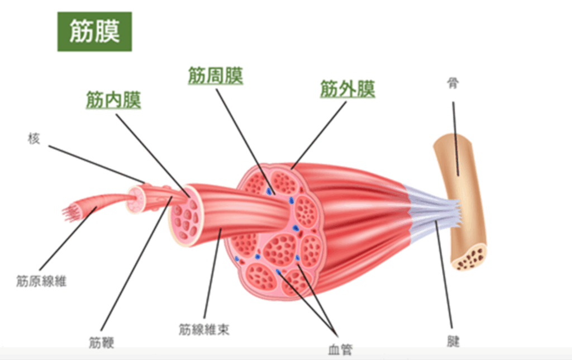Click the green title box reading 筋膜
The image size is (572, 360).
click(x=94, y=31)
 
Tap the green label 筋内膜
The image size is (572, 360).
click(x=113, y=100)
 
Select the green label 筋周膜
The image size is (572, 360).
click(x=216, y=75)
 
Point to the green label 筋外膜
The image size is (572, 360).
click(x=347, y=89)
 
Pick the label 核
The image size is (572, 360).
click(x=34, y=139)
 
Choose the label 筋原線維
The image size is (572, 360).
click(x=41, y=281)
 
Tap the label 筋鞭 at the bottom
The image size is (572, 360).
click(x=102, y=343)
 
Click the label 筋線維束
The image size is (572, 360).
click(x=204, y=329)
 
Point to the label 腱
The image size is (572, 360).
click(x=453, y=342)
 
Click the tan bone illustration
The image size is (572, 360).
click(x=461, y=200)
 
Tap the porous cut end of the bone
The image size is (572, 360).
click(x=470, y=257)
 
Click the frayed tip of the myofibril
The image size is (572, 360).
click(x=69, y=212)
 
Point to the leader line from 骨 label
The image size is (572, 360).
click(x=456, y=139)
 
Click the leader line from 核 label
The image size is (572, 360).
click(x=97, y=164)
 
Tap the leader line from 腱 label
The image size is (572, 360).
click(x=444, y=274)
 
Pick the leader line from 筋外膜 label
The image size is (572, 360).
click(x=318, y=135)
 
